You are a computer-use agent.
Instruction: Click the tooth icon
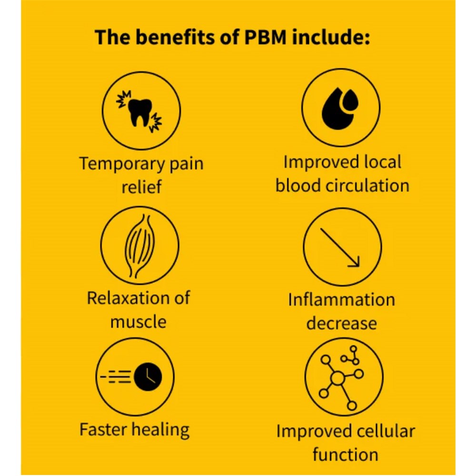pyautogui.click(x=140, y=112)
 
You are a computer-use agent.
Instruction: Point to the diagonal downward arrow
pyautogui.click(x=339, y=246)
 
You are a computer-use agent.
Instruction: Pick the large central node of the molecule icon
pyautogui.click(x=337, y=379)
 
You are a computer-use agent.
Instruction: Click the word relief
pyautogui.click(x=141, y=187)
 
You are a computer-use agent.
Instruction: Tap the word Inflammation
pyautogui.click(x=341, y=300)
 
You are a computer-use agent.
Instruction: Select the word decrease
pyautogui.click(x=341, y=323)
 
